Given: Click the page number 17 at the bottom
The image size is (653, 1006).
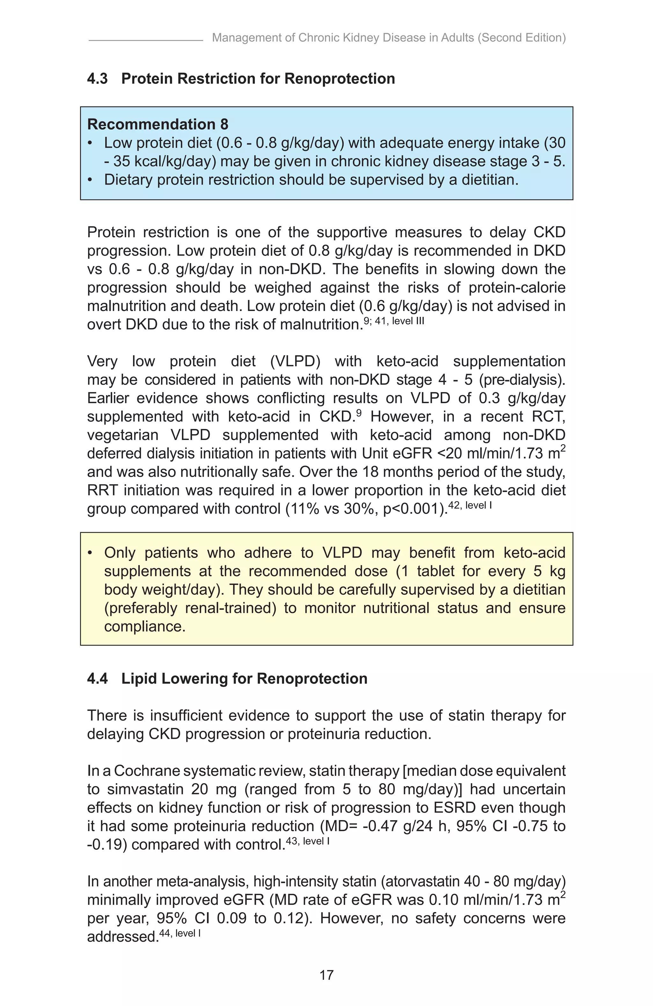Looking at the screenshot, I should [x=326, y=975].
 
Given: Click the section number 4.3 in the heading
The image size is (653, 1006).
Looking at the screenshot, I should [x=97, y=79].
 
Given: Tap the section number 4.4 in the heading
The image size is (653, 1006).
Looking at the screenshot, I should [x=97, y=679].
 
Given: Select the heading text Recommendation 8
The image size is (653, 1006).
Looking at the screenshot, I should [x=158, y=124].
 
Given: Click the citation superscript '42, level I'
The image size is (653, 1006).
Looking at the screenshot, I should [x=470, y=505].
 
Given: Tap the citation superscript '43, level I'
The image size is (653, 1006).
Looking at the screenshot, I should [x=307, y=841].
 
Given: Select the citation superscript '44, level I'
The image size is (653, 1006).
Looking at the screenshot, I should [x=180, y=933].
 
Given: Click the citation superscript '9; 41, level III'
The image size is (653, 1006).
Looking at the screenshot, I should [x=393, y=321].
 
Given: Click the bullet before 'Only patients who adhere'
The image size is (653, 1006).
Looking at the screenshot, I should [x=90, y=553].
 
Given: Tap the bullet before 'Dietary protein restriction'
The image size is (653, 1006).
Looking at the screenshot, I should [x=90, y=180].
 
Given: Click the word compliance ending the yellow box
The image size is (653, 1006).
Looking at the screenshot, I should [x=144, y=627].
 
